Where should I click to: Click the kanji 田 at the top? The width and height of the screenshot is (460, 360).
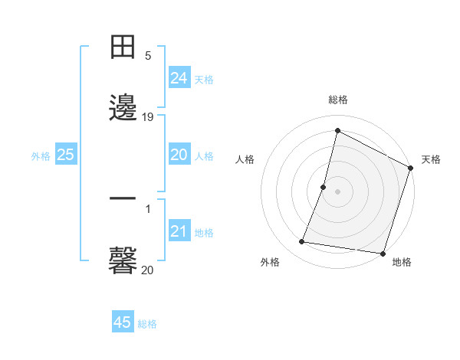pos(123,47)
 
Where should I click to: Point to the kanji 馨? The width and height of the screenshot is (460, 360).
pos(123,260)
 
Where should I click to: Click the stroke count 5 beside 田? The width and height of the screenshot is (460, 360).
pos(148,56)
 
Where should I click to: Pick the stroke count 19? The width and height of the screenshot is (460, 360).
pos(148,117)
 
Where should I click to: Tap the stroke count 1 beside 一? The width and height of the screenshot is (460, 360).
pos(148,208)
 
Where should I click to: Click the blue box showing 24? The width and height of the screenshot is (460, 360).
pos(179,78)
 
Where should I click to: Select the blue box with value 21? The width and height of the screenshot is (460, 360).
pos(179,231)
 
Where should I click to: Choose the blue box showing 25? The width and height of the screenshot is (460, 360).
pos(65,155)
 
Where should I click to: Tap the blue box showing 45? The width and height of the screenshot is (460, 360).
pos(123,322)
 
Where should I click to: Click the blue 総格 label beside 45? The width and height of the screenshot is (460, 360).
pos(147,324)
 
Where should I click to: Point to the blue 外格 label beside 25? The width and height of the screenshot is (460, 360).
pos(41,156)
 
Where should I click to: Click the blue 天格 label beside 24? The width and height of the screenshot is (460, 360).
pos(204,80)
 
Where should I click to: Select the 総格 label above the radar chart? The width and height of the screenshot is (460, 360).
pos(338,100)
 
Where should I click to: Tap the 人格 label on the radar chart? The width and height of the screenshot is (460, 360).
pos(245,159)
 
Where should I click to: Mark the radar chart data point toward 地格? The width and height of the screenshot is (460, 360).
pos(383,254)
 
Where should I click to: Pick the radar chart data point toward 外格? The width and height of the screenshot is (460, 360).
pos(302,242)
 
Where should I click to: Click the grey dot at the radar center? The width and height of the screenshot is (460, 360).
pos(338,191)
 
